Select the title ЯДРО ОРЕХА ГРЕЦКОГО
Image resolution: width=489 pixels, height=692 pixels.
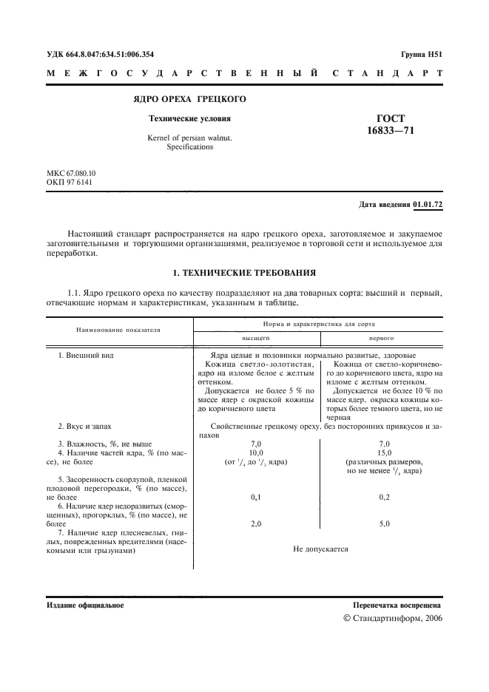point(190,99)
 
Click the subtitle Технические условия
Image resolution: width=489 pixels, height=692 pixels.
point(189,118)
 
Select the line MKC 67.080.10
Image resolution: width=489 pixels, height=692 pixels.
point(71,173)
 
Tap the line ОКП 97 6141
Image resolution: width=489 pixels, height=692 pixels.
point(70,183)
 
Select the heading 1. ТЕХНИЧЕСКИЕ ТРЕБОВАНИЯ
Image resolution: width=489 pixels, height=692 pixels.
point(244,272)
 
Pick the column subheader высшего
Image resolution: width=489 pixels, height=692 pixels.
point(257,336)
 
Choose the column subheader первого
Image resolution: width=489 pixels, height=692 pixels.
point(382,336)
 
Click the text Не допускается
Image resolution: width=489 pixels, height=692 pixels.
point(320,549)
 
